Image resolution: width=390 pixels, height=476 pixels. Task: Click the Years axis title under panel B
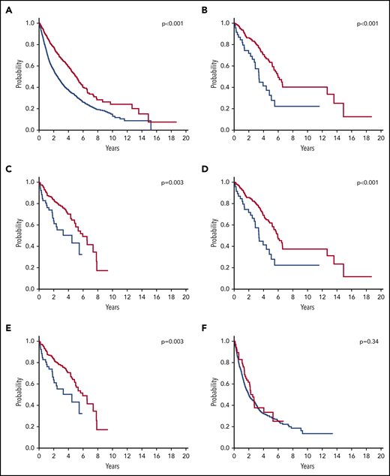pyautogui.click(x=307, y=149)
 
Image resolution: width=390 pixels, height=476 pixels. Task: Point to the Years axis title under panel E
pyautogui.click(x=112, y=467)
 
